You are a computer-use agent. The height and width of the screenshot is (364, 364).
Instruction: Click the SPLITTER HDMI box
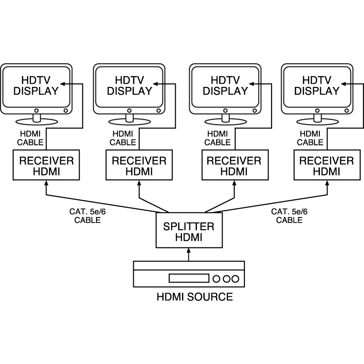[188, 232]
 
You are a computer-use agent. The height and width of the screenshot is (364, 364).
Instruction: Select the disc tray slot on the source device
[189, 278]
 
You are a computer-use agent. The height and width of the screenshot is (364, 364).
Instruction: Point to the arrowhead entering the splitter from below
[188, 251]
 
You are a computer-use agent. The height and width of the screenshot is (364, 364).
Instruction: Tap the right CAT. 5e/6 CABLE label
[289, 216]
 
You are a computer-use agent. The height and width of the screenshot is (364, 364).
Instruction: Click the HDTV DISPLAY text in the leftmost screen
[36, 85]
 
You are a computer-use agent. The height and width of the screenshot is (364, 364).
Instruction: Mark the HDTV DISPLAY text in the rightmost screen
[317, 85]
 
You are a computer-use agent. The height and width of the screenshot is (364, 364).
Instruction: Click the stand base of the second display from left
[130, 122]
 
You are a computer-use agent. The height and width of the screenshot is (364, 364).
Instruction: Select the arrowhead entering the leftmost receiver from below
[45, 183]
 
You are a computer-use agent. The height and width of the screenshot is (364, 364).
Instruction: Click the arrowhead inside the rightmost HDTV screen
[344, 84]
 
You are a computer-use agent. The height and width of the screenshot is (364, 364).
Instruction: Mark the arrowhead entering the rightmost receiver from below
[326, 183]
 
